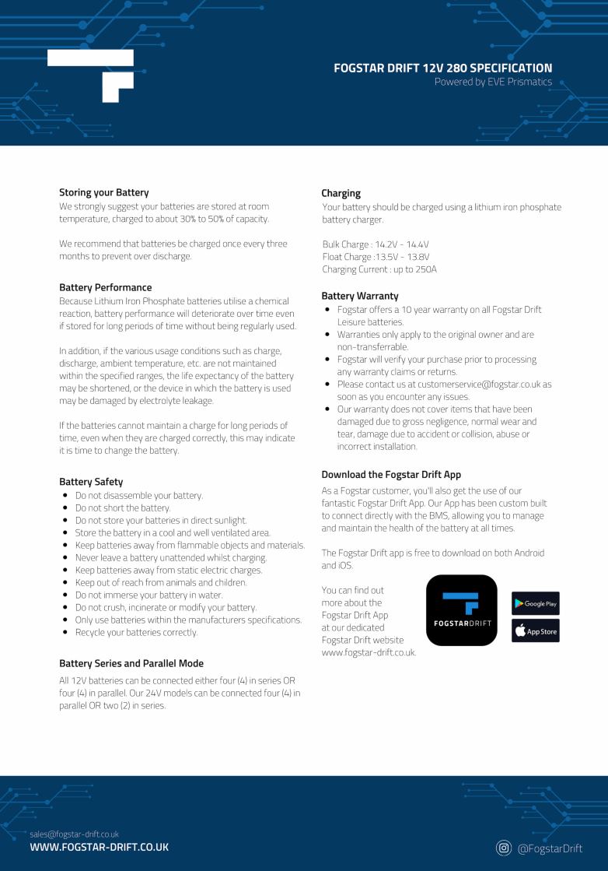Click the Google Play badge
click(x=535, y=603)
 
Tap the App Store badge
click(x=535, y=631)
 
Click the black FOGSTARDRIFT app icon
click(x=462, y=610)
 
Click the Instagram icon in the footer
click(x=504, y=848)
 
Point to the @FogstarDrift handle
click(x=550, y=848)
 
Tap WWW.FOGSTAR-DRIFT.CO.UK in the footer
click(x=99, y=847)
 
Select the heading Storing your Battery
click(x=104, y=192)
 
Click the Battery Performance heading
click(x=106, y=287)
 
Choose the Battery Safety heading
click(x=91, y=482)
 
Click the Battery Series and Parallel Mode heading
click(x=131, y=663)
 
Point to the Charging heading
click(x=341, y=193)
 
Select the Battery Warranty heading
click(x=360, y=296)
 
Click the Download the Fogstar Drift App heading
click(x=391, y=474)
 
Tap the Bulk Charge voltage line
click(x=376, y=244)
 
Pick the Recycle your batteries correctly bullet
click(x=137, y=632)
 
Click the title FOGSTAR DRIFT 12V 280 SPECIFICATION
click(x=443, y=68)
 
